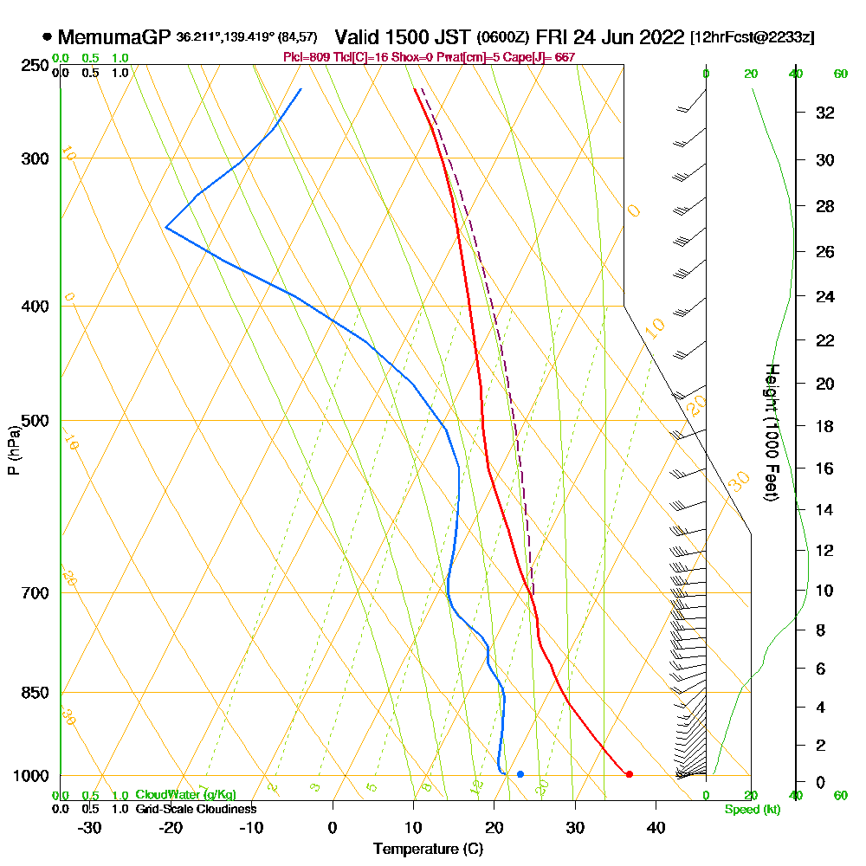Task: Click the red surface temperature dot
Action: pyautogui.click(x=629, y=774)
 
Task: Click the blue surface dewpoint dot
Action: pyautogui.click(x=520, y=774)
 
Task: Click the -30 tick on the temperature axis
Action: pyautogui.click(x=90, y=827)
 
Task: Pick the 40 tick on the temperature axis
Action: pyautogui.click(x=656, y=827)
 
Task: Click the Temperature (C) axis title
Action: pyautogui.click(x=428, y=850)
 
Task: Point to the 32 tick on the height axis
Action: pyautogui.click(x=825, y=113)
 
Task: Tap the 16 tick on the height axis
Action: pyautogui.click(x=825, y=469)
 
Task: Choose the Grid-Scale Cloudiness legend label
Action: pyautogui.click(x=196, y=809)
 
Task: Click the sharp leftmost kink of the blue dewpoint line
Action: pyautogui.click(x=165, y=227)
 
